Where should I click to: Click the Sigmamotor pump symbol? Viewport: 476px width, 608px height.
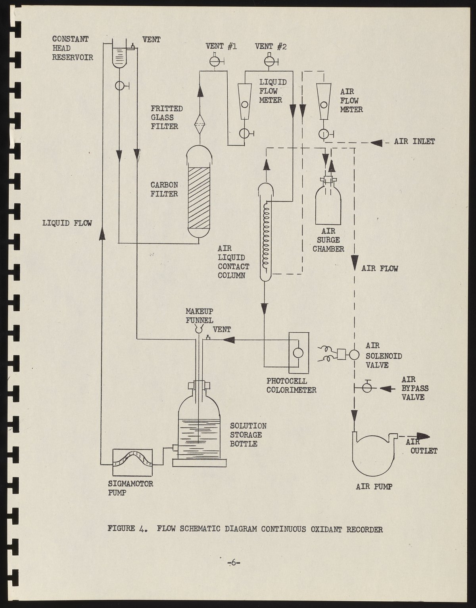pyautogui.click(x=133, y=463)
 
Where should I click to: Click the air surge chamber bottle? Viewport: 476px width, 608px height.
pyautogui.click(x=328, y=204)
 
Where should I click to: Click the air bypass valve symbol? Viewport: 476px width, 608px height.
pyautogui.click(x=367, y=388)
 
